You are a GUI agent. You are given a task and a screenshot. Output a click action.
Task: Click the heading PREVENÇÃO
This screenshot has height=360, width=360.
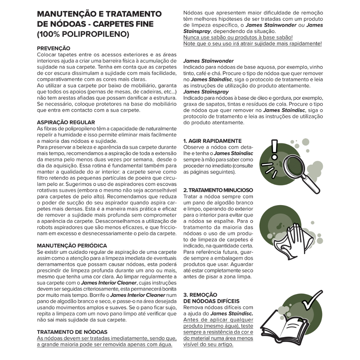tap(53, 48)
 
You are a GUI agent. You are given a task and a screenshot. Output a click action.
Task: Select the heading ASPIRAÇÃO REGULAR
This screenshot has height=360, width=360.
tap(66, 122)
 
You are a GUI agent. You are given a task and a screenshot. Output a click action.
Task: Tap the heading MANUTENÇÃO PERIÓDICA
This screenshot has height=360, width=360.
tap(72, 245)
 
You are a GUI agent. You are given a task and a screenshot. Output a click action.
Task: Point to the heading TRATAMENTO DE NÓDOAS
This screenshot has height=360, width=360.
tap(72, 332)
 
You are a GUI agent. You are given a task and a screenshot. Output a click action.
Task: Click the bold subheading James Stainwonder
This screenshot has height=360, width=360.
tap(208, 61)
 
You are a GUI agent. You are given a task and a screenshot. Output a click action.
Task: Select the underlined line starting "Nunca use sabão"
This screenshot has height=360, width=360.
tap(238, 37)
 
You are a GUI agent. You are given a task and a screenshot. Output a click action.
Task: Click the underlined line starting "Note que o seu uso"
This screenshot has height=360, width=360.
tap(252, 43)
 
